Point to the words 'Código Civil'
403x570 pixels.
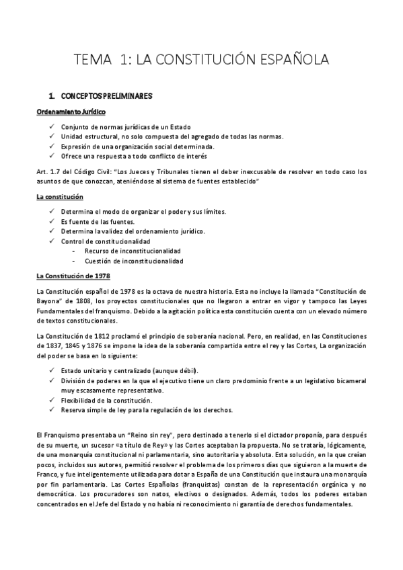[x=91, y=172]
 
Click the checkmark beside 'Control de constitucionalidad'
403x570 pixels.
[x=53, y=241]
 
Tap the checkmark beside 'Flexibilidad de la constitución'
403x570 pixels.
[x=53, y=400]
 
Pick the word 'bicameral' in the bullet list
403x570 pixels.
[x=351, y=380]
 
